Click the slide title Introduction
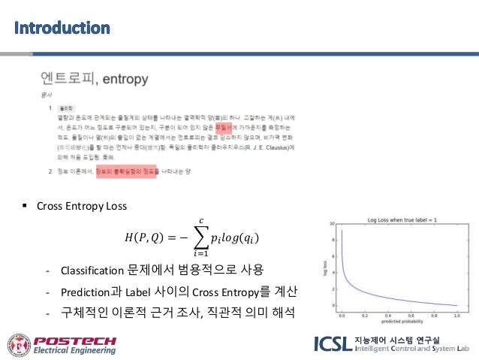click(x=62, y=29)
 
